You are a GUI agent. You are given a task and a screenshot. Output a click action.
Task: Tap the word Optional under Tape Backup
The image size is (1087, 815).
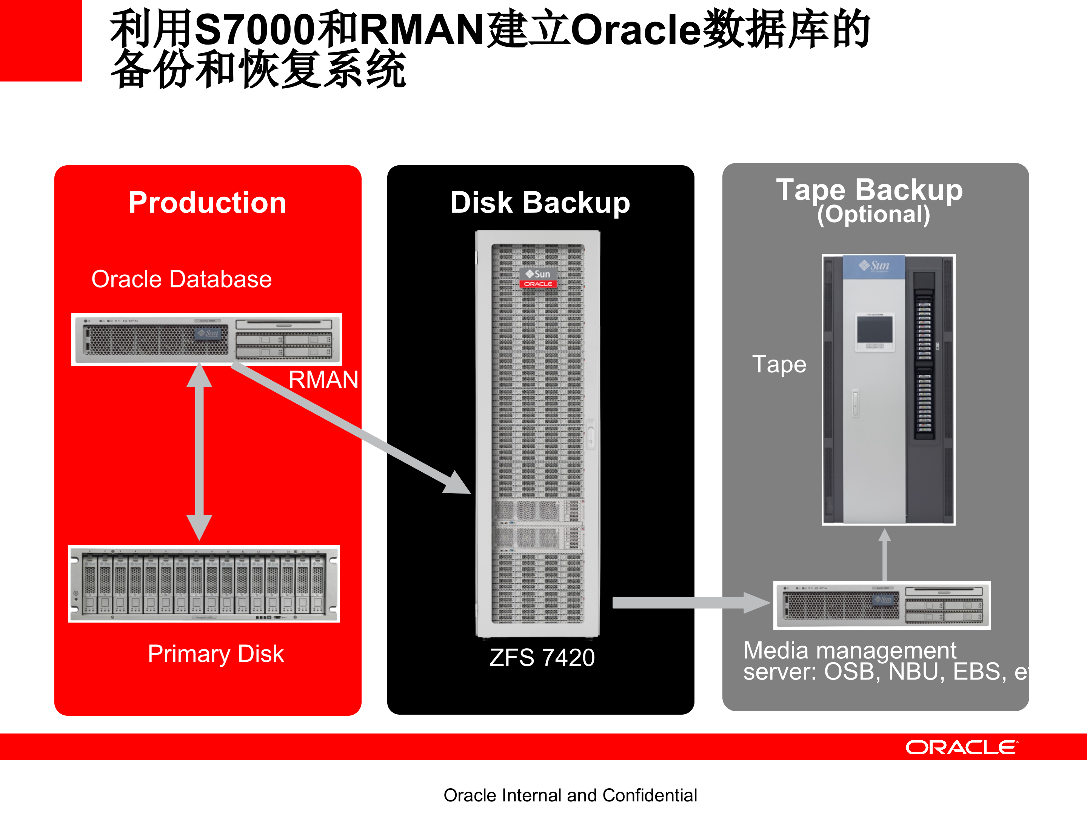coord(873,215)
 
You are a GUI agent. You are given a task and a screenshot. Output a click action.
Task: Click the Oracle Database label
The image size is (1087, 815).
coord(181,279)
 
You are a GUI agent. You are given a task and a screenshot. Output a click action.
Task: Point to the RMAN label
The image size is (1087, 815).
coord(323,380)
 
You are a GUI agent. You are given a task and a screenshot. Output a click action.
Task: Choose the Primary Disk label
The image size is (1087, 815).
coord(216,654)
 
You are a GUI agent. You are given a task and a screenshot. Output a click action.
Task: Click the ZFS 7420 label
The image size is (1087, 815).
coord(542,657)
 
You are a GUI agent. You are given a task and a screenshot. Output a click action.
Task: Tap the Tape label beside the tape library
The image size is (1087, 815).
coord(779,364)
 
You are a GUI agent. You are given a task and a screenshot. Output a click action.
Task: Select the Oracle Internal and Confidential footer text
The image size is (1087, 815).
coord(570,795)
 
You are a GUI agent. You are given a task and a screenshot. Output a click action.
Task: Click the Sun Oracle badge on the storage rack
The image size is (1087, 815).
coord(538,278)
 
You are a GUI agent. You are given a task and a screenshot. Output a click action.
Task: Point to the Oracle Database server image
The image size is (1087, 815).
coord(207,339)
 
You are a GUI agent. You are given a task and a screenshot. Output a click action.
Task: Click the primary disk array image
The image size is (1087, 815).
coord(204,584)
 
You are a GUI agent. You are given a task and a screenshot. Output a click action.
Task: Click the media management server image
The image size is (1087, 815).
coord(882,605)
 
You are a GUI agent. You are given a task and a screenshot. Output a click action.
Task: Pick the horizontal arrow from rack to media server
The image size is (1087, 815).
coord(688,603)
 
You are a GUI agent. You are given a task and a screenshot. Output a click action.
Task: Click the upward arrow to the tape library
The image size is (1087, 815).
coord(885,555)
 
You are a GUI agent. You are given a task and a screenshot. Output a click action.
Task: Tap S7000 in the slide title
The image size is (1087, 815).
coord(254,29)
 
